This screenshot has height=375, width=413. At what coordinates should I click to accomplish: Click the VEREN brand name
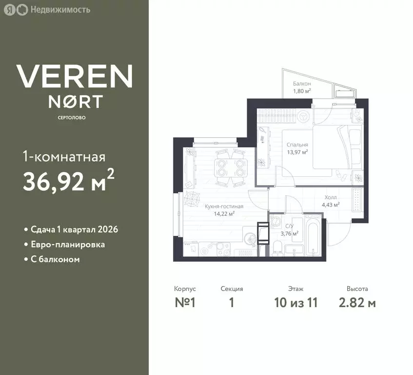[75, 76]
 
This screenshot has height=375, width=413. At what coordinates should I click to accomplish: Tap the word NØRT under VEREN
[76, 102]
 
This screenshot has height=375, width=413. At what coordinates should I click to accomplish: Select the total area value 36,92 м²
[69, 180]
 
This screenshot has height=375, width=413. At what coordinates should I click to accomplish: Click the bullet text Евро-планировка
[68, 245]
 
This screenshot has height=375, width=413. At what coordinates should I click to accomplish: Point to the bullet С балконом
[55, 259]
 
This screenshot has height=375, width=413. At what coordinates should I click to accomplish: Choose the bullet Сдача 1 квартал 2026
[74, 229]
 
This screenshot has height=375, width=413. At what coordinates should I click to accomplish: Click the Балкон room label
[302, 83]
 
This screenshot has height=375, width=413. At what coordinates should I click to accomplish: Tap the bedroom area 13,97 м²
[297, 152]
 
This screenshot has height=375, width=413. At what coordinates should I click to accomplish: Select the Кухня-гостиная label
[224, 207]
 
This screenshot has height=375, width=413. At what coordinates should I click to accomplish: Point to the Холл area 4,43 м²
[330, 205]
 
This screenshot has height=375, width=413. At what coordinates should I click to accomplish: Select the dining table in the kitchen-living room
[231, 168]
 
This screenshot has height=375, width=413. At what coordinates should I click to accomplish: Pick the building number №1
[185, 302]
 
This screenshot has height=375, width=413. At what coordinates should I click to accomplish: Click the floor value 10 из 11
[296, 302]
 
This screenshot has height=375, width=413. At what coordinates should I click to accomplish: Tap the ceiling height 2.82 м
[357, 302]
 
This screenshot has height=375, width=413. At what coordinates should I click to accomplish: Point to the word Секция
[232, 289]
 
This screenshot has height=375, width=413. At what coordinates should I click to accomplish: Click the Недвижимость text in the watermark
[60, 10]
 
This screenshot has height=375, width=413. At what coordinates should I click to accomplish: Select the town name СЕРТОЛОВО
[72, 118]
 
